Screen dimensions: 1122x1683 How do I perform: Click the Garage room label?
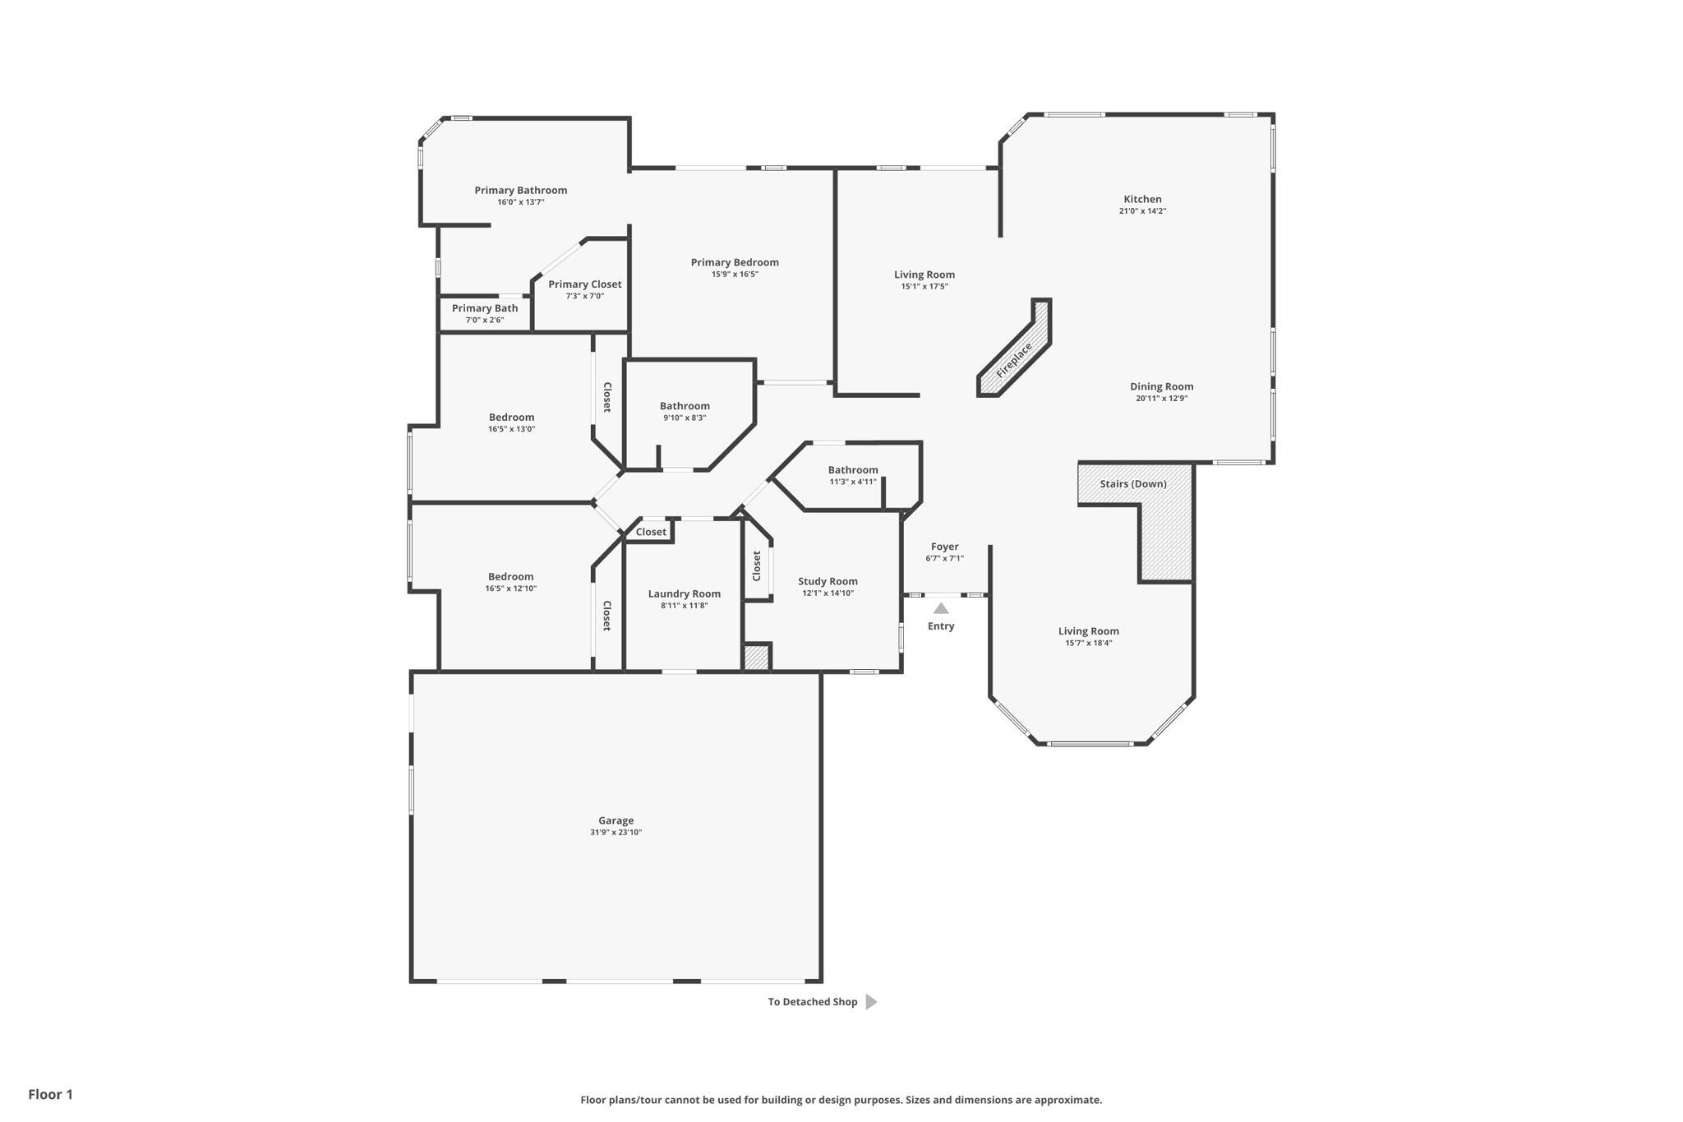click(616, 820)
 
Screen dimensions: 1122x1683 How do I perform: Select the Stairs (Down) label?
click(1133, 484)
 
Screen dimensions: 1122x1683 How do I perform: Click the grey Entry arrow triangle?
click(941, 609)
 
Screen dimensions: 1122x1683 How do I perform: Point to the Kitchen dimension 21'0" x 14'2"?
click(1142, 211)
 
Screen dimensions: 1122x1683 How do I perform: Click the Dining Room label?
click(1161, 386)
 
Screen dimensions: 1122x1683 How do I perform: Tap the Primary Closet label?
click(584, 284)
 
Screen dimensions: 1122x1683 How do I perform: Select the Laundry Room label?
click(684, 593)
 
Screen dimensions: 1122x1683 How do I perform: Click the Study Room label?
click(828, 581)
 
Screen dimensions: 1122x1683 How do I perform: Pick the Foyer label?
click(944, 547)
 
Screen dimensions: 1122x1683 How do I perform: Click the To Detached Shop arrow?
click(871, 1002)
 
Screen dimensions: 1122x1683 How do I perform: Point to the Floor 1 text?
click(50, 1094)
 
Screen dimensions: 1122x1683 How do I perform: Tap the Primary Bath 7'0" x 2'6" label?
click(485, 313)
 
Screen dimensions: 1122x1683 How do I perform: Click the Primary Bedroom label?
click(735, 262)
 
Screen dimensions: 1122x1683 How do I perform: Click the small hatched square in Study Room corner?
click(756, 658)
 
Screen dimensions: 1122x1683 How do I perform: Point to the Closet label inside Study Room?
click(757, 566)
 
